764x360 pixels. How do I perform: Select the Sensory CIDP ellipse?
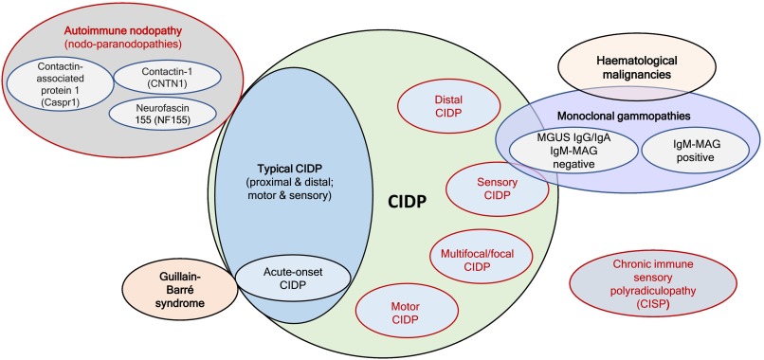[x=498, y=185]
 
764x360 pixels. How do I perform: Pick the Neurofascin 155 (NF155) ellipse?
[x=157, y=117]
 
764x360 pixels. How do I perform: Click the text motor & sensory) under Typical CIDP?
[x=271, y=198]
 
